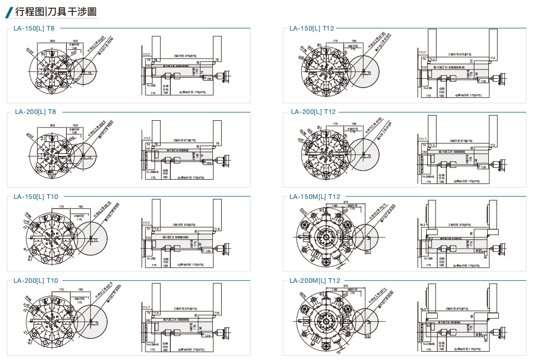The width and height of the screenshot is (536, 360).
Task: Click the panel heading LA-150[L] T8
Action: pos(35,28)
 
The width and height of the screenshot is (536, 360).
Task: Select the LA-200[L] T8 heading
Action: pos(35,111)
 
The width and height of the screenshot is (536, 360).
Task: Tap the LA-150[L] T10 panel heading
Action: pos(36,196)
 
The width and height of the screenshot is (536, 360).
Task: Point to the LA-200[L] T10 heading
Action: pos(36,280)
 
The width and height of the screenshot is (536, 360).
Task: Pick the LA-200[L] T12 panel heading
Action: pos(312,111)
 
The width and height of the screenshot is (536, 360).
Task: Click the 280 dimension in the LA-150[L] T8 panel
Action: pos(52,40)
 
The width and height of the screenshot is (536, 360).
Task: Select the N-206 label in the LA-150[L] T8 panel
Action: pos(151,84)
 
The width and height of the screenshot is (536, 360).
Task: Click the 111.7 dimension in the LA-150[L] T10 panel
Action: pos(146,222)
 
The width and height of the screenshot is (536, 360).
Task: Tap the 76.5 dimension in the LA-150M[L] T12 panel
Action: pos(423,225)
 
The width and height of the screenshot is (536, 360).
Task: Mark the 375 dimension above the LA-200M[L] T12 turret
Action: pos(345,285)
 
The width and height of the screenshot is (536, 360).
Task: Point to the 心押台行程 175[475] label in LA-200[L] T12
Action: pos(467,182)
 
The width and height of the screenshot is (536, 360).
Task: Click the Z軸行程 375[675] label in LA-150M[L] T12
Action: pos(456,225)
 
